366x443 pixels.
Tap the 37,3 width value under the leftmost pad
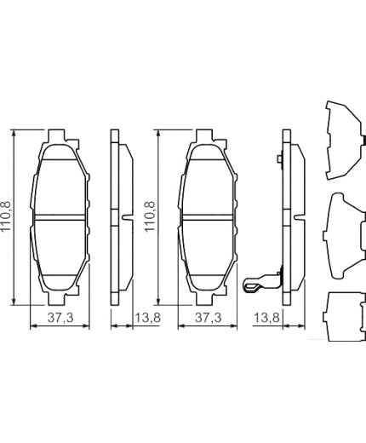coord(60,318)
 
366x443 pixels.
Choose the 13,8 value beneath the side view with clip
coord(267,318)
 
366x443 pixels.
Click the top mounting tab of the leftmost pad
coord(60,136)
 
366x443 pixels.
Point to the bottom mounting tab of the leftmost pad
coord(60,298)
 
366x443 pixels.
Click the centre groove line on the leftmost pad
coord(60,218)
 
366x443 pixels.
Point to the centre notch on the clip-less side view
coord(126,218)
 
